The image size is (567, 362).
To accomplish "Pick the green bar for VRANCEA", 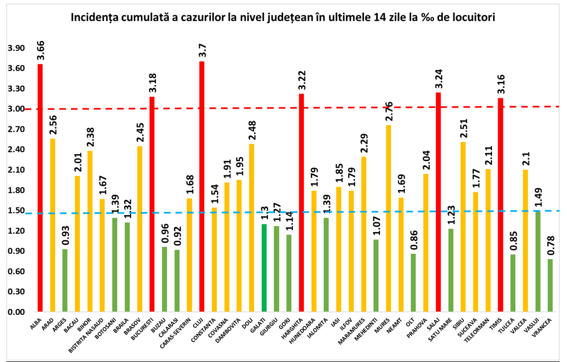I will coord(551,285).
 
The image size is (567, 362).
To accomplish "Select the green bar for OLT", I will coord(413,283).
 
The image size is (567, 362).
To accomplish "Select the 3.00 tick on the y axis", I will coord(16,109).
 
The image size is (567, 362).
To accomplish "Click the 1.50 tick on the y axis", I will coord(16,211).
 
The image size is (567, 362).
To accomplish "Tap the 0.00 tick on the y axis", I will coord(16,312).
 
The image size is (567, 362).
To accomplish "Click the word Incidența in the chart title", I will coord(97,17).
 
